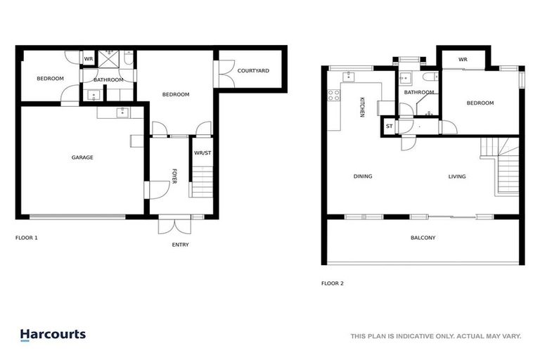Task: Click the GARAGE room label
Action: click(82, 157)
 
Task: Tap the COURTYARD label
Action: click(252, 71)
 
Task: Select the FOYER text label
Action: click(174, 176)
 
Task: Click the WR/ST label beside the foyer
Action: click(202, 152)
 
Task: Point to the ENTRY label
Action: click(181, 245)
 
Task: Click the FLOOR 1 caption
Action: click(27, 238)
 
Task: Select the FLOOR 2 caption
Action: click(332, 283)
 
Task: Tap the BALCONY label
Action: click(423, 238)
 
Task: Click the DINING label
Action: click(363, 176)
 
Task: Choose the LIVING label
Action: click(457, 176)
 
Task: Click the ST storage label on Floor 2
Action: click(389, 127)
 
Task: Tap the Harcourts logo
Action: click(53, 335)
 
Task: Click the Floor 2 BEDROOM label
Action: click(480, 103)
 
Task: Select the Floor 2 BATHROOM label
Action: click(418, 92)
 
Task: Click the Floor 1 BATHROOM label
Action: click(108, 79)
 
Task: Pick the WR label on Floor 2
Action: click(463, 60)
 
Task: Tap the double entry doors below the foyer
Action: click(175, 224)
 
